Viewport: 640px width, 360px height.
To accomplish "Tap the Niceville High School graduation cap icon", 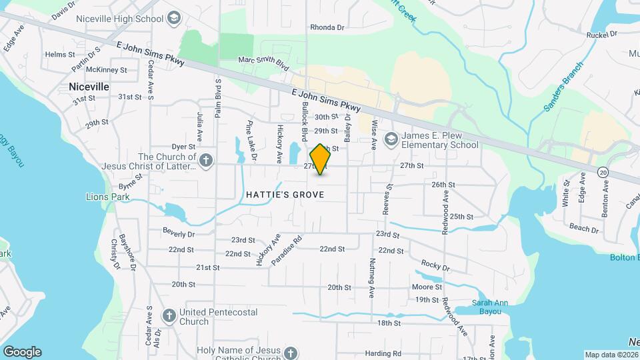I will [x=175, y=18].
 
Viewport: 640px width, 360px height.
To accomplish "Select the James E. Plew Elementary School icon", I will [x=391, y=139].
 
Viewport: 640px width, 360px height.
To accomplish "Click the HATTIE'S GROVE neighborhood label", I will [x=285, y=195].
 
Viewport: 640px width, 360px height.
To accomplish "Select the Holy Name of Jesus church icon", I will [x=290, y=352].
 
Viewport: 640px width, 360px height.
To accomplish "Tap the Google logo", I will [x=21, y=351].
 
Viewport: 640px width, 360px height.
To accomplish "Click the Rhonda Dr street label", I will [x=327, y=28].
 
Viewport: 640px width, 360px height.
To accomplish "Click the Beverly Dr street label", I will [x=179, y=234].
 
